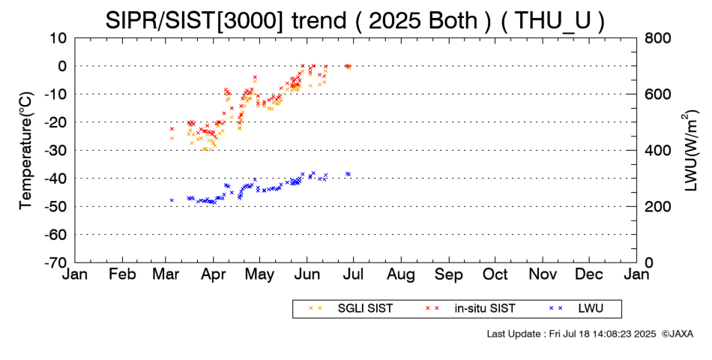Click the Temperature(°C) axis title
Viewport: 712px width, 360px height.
pyautogui.click(x=27, y=151)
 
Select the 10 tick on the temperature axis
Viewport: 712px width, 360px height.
pyautogui.click(x=58, y=38)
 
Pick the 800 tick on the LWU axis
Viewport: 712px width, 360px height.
pyautogui.click(x=657, y=38)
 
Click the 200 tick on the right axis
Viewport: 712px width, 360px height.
pyautogui.click(x=657, y=206)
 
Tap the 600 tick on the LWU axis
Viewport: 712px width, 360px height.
pyautogui.click(x=657, y=94)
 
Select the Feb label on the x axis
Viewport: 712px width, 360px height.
pyautogui.click(x=123, y=274)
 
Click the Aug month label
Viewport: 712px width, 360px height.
pyautogui.click(x=401, y=274)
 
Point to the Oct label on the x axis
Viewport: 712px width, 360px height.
pyautogui.click(x=495, y=274)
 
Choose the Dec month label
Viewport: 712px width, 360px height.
pyautogui.click(x=589, y=274)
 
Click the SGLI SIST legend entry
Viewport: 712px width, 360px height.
pyautogui.click(x=351, y=309)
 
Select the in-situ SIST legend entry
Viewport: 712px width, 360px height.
pyautogui.click(x=471, y=309)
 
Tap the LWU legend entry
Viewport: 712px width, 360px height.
pyautogui.click(x=576, y=309)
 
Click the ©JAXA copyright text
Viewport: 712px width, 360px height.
pyautogui.click(x=678, y=334)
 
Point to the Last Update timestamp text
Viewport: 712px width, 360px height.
pyautogui.click(x=571, y=334)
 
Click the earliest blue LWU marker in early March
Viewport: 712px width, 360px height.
pyautogui.click(x=172, y=200)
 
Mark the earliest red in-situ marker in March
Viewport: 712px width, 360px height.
pyautogui.click(x=172, y=129)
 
